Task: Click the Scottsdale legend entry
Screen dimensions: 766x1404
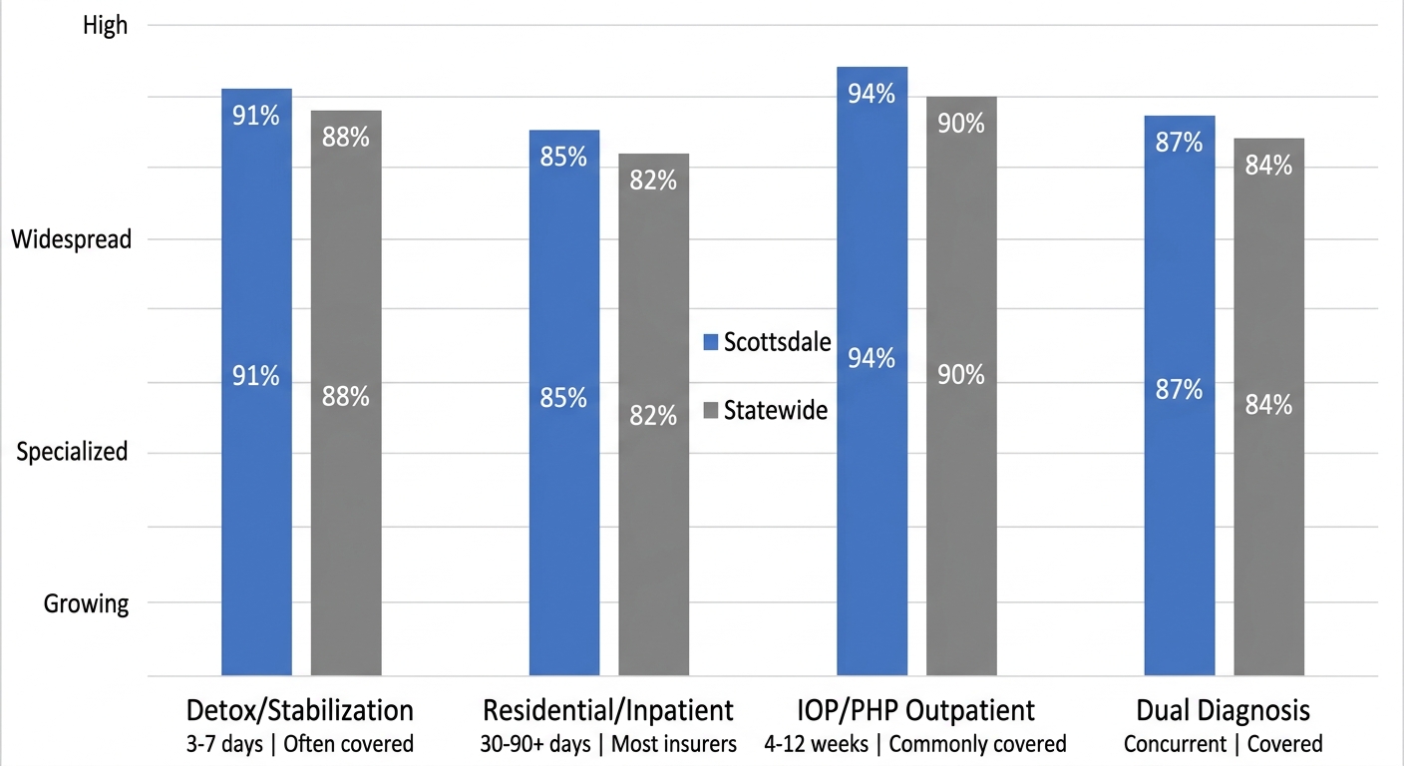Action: point(766,342)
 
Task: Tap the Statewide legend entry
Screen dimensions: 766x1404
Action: point(766,410)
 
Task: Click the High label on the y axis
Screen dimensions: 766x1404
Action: point(105,25)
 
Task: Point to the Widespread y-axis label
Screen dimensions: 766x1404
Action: point(71,239)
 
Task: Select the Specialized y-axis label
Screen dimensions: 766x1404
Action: point(73,452)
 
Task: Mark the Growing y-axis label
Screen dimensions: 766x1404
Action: point(86,603)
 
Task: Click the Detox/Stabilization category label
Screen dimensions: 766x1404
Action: point(300,710)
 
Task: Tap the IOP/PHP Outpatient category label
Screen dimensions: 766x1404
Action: point(915,710)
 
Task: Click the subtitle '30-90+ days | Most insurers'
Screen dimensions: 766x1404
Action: point(608,744)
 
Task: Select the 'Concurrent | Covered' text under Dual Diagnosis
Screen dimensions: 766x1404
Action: point(1223,744)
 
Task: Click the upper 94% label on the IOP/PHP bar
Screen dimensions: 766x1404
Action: point(872,94)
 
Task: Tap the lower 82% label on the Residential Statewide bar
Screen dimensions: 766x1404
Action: point(653,416)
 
